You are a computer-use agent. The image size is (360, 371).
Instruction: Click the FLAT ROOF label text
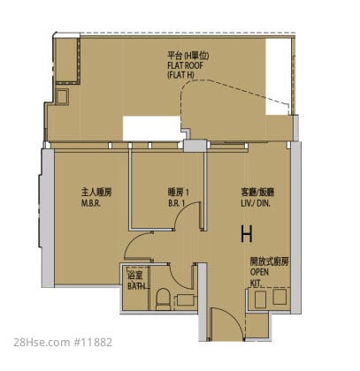(x=185, y=65)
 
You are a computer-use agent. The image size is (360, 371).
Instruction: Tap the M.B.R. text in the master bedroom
(x=91, y=203)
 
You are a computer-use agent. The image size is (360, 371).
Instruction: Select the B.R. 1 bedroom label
(x=177, y=203)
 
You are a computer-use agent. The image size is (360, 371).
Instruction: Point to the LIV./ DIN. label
(x=256, y=203)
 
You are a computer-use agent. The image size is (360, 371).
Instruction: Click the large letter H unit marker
(x=247, y=234)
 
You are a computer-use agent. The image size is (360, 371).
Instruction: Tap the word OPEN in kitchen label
(x=259, y=272)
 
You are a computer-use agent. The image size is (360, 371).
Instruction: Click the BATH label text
(x=136, y=286)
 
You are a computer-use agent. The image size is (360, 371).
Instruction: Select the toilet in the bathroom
(x=163, y=299)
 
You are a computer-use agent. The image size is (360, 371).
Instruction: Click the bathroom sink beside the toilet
(x=187, y=300)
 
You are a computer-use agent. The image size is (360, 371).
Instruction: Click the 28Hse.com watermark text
(x=41, y=343)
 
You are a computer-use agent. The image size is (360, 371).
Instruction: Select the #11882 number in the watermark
(x=92, y=343)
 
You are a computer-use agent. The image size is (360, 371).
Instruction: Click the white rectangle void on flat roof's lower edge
(x=153, y=128)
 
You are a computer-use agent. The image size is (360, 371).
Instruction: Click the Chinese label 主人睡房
(x=96, y=193)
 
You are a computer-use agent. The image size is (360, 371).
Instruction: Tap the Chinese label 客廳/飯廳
(x=257, y=193)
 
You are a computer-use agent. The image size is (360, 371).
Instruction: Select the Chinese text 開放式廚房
(x=270, y=261)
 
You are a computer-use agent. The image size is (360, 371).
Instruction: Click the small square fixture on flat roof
(x=62, y=96)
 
